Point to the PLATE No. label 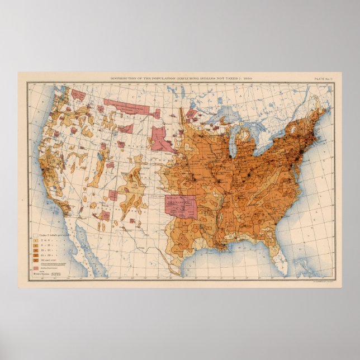pyautogui.click(x=324, y=79)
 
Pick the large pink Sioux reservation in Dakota pyautogui.click(x=161, y=140)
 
